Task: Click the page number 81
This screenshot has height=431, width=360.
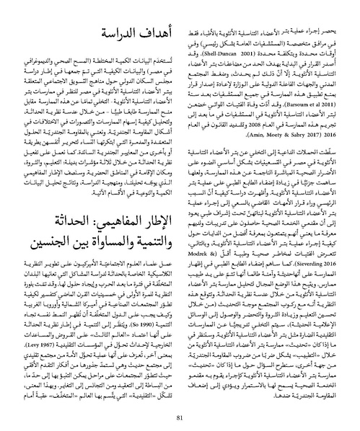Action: (180, 402)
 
